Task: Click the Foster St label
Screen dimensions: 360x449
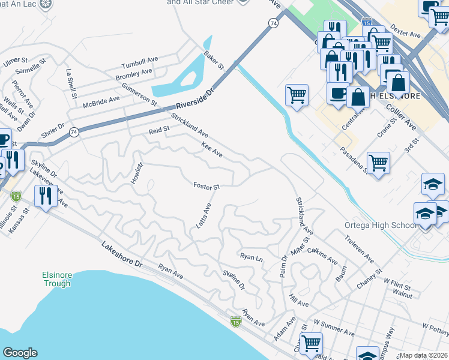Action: point(206,186)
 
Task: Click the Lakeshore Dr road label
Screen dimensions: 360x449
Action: point(122,254)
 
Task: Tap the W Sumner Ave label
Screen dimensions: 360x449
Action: point(334,330)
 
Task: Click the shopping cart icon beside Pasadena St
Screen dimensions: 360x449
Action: point(378,162)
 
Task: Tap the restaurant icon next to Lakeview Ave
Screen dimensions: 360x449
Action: point(46,195)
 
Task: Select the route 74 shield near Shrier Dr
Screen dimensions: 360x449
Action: point(74,133)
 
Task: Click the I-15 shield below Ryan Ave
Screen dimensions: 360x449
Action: point(236,323)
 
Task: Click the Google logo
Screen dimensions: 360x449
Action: point(20,353)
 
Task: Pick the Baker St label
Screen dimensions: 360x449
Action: point(213,59)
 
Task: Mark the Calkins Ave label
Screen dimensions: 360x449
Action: point(323,255)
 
